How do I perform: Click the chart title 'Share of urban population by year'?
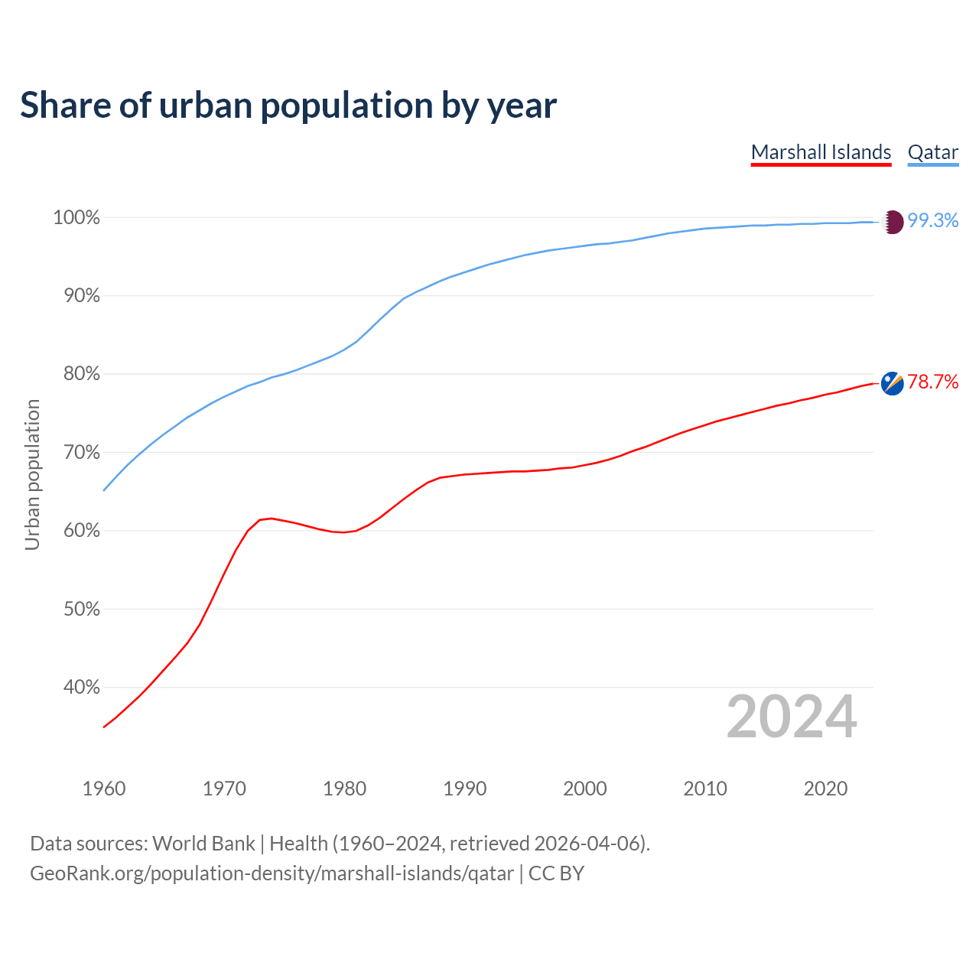[288, 106]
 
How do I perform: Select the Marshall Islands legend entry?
[821, 152]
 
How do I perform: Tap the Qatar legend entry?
[932, 152]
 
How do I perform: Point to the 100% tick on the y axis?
[76, 218]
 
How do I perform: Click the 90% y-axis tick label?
[76, 296]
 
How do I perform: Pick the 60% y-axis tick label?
[76, 531]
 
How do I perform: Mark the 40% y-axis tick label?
[76, 688]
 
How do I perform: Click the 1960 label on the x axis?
[104, 789]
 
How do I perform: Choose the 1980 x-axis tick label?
[345, 789]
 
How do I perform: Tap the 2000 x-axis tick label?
[585, 789]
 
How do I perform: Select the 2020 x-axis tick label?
[825, 789]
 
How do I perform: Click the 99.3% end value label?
[932, 221]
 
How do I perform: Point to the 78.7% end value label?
[932, 382]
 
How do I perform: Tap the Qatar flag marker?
[893, 222]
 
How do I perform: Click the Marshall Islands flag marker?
[893, 383]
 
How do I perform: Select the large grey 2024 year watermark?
[792, 717]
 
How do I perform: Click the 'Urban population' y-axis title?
[32, 474]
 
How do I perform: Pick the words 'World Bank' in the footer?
[203, 844]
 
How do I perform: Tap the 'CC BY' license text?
[556, 873]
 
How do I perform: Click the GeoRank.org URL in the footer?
[272, 873]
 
